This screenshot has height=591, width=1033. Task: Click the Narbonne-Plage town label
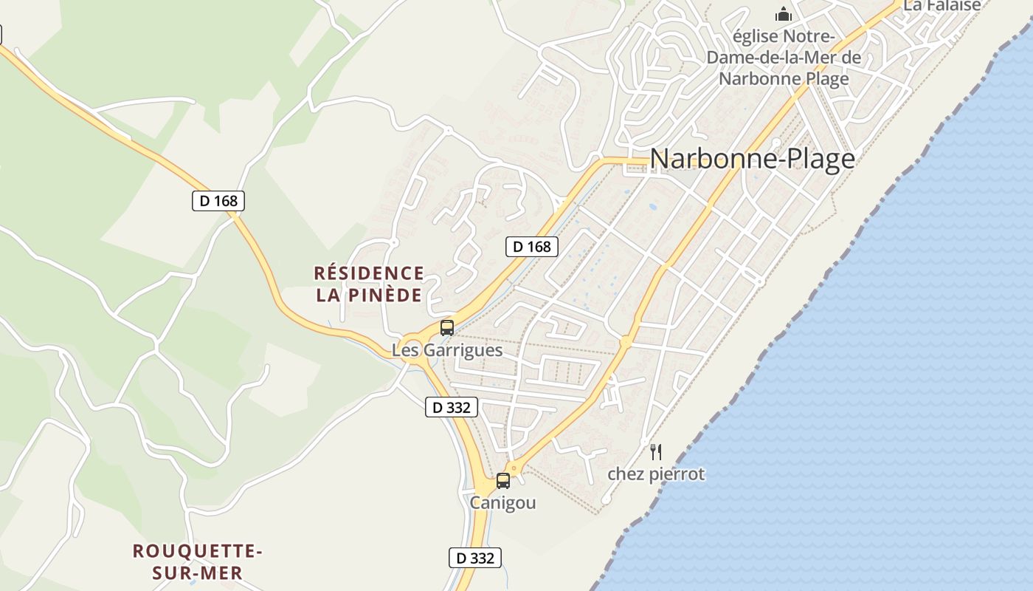(x=752, y=159)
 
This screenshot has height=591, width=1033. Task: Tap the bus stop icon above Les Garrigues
(x=447, y=327)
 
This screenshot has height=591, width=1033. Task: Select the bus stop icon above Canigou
(x=503, y=481)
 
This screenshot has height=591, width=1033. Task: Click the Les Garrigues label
(x=447, y=350)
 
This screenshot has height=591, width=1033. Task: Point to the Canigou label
(x=503, y=503)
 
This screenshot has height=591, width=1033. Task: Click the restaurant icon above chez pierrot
(x=656, y=451)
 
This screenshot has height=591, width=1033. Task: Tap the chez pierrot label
(x=656, y=474)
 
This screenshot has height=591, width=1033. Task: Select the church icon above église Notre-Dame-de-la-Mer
(x=783, y=14)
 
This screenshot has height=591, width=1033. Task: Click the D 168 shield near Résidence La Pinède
(x=531, y=247)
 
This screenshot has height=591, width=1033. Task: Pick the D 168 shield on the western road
(x=218, y=200)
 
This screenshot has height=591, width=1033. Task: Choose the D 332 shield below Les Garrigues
(x=452, y=407)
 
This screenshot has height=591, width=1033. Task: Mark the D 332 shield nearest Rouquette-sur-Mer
(x=475, y=558)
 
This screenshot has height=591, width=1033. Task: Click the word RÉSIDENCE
(x=369, y=273)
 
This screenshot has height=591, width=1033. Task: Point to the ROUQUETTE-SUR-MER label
(x=198, y=561)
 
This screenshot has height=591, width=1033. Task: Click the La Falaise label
(x=942, y=6)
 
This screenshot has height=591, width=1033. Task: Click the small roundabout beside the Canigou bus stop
(x=514, y=468)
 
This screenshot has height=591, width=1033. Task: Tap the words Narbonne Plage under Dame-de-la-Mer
(x=784, y=78)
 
